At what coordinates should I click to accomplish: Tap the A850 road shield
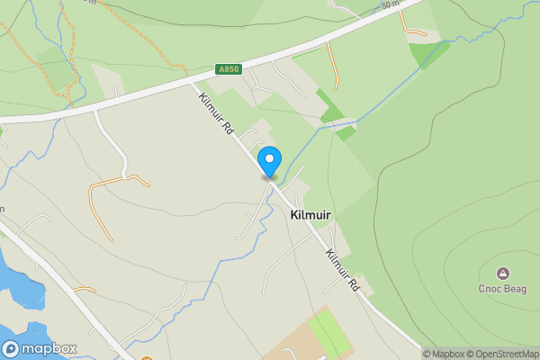click(x=229, y=69)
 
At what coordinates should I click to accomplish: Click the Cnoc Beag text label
click(x=502, y=289)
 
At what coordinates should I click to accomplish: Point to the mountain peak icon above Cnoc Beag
click(x=502, y=273)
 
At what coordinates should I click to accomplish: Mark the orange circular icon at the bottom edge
click(x=146, y=357)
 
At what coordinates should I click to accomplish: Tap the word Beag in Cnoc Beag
click(x=514, y=289)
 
